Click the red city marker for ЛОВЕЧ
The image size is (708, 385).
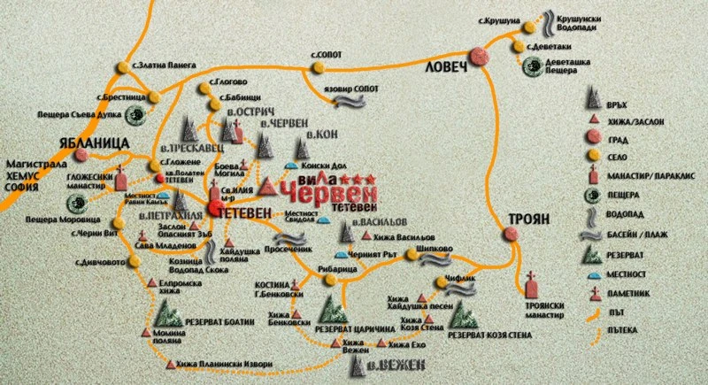pyautogui.click(x=481, y=57)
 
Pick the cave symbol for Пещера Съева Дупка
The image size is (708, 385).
pyautogui.click(x=135, y=112)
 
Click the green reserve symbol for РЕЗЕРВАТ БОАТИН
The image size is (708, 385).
pyautogui.click(x=165, y=311)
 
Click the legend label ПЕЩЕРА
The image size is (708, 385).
pyautogui.click(x=624, y=194)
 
